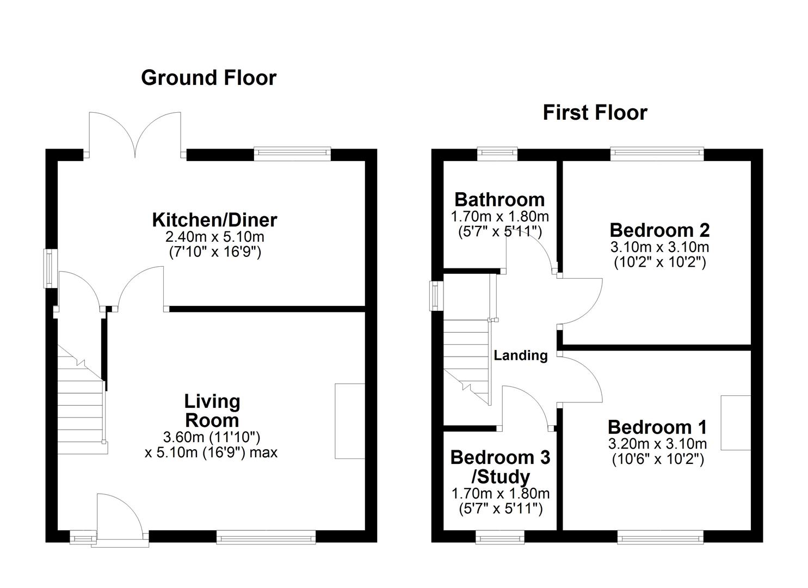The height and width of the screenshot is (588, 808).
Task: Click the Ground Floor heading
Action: point(208,78)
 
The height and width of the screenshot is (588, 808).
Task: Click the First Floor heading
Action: point(595,113)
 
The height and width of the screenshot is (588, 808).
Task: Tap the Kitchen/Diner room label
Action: point(214,220)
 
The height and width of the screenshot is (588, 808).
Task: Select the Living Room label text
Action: point(212,411)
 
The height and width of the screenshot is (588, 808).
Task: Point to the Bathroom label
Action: point(499,200)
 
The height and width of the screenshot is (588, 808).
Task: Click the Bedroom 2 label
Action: point(659,230)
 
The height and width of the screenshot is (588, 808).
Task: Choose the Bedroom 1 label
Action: point(657,427)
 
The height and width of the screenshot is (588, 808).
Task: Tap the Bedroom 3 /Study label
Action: point(500,467)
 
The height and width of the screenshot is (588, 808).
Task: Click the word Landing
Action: point(520,356)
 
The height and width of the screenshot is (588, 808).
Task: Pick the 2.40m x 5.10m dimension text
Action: point(214,237)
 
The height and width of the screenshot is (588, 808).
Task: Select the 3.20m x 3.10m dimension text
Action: point(657,444)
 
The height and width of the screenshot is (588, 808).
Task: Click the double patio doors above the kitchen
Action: point(136,133)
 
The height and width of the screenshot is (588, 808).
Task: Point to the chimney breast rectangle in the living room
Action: point(349,421)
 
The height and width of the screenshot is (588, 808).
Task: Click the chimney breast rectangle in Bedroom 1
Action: point(736,422)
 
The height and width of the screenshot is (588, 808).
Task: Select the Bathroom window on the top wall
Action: point(497,154)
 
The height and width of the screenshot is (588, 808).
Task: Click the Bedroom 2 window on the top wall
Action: point(657,154)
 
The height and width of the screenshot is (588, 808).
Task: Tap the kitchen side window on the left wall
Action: point(51,268)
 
